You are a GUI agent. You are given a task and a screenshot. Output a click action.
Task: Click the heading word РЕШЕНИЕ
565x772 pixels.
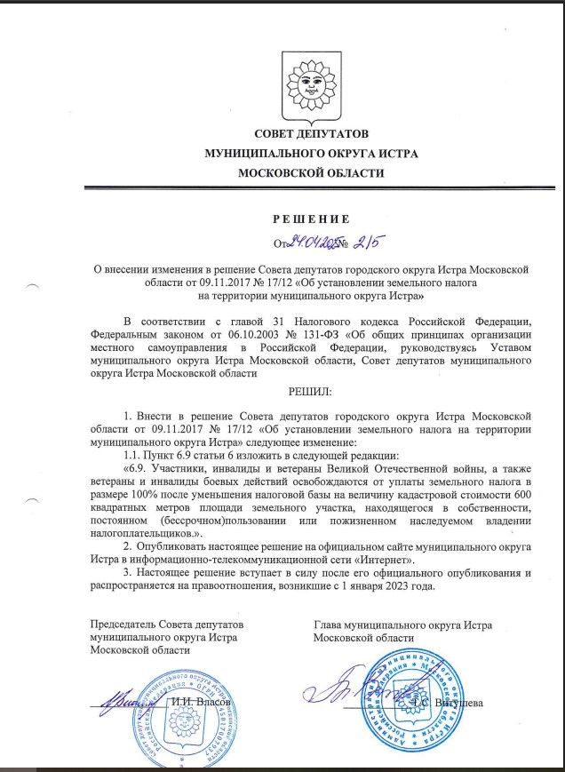[x=311, y=219]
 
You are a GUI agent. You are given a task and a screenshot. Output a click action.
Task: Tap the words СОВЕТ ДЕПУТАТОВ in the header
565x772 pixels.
[x=310, y=134]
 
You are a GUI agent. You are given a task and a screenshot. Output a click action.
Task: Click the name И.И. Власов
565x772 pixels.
[x=201, y=703]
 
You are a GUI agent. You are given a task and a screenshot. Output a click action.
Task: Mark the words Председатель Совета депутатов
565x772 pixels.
[x=166, y=625]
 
